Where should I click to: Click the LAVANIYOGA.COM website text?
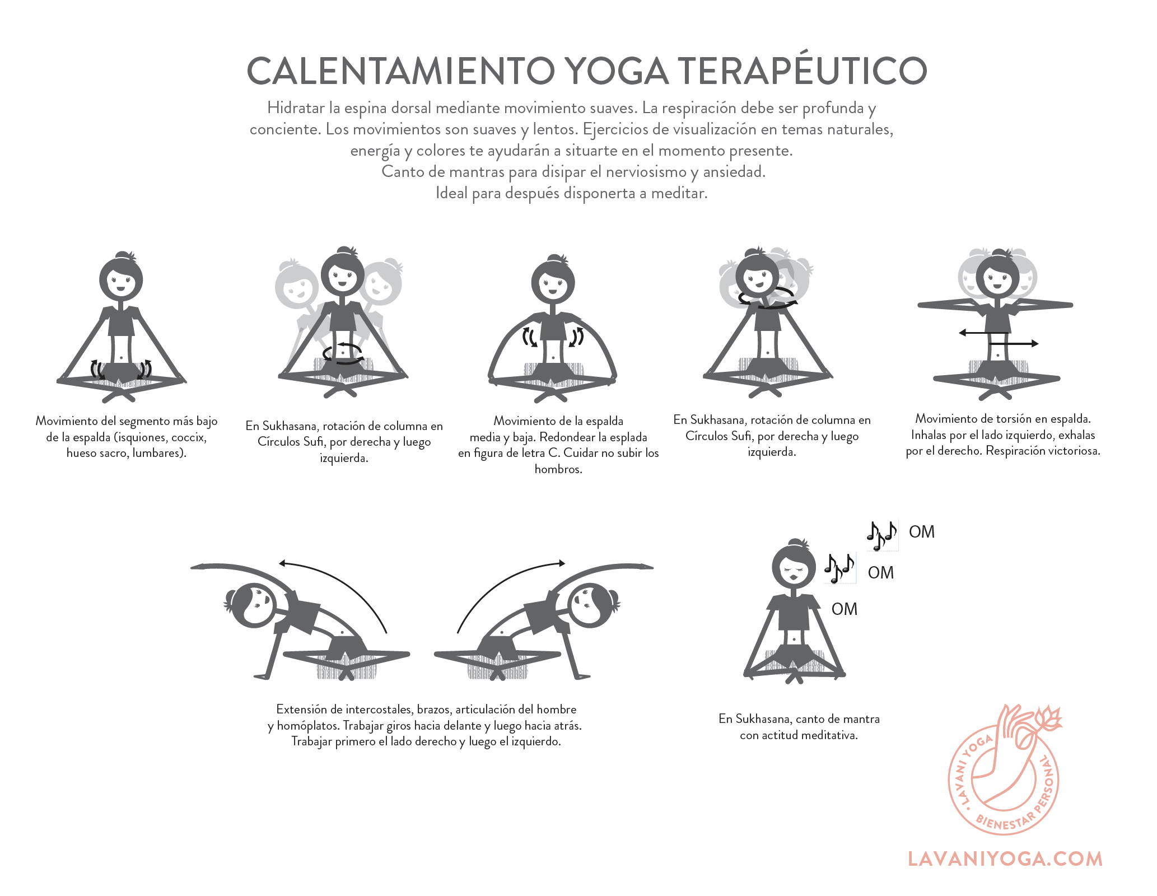(x=1005, y=859)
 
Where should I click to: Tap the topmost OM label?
(x=922, y=531)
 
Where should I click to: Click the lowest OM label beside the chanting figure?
(x=845, y=609)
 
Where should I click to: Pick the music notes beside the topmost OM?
(x=881, y=535)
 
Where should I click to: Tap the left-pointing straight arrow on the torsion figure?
(x=984, y=333)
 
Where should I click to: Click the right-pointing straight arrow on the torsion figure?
(x=1014, y=343)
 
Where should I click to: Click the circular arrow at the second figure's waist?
(x=343, y=354)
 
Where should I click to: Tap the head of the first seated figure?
(x=121, y=278)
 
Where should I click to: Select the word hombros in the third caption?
(x=558, y=469)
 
